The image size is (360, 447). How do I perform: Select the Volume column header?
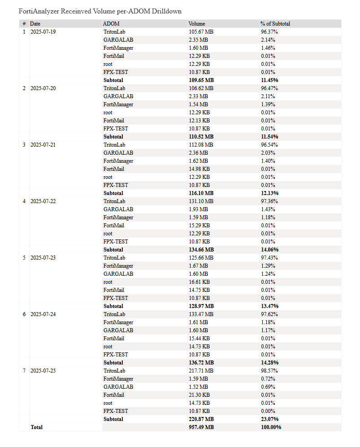click(197, 23)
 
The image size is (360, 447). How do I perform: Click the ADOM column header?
click(111, 23)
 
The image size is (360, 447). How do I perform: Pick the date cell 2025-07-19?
click(43, 32)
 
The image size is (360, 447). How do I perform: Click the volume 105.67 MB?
click(201, 32)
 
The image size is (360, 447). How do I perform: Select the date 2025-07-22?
click(43, 201)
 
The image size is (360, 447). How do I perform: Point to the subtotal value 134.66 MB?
click(201, 250)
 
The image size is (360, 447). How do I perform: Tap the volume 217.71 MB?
click(201, 371)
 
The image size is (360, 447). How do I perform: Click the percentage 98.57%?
click(269, 371)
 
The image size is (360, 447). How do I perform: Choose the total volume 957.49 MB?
click(201, 427)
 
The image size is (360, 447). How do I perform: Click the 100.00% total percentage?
click(271, 427)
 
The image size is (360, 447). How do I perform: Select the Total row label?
click(37, 427)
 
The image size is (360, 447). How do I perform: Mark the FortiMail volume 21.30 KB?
click(199, 395)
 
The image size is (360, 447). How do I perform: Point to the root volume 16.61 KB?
click(199, 282)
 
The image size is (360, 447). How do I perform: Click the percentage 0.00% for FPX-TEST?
click(268, 411)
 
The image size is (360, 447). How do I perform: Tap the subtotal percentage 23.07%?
click(269, 419)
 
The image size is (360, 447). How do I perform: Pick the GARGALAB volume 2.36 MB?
click(198, 153)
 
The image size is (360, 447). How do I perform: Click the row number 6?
click(24, 314)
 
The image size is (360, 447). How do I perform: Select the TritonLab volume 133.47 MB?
click(201, 314)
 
